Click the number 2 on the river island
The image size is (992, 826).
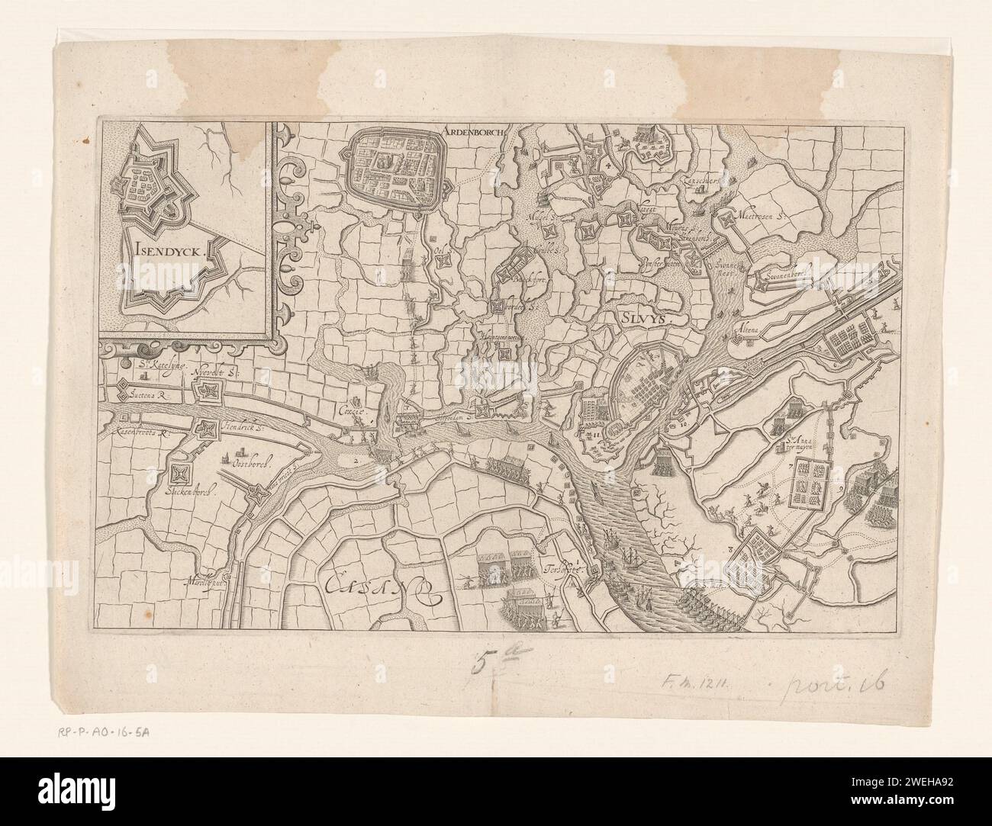click(356, 460)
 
